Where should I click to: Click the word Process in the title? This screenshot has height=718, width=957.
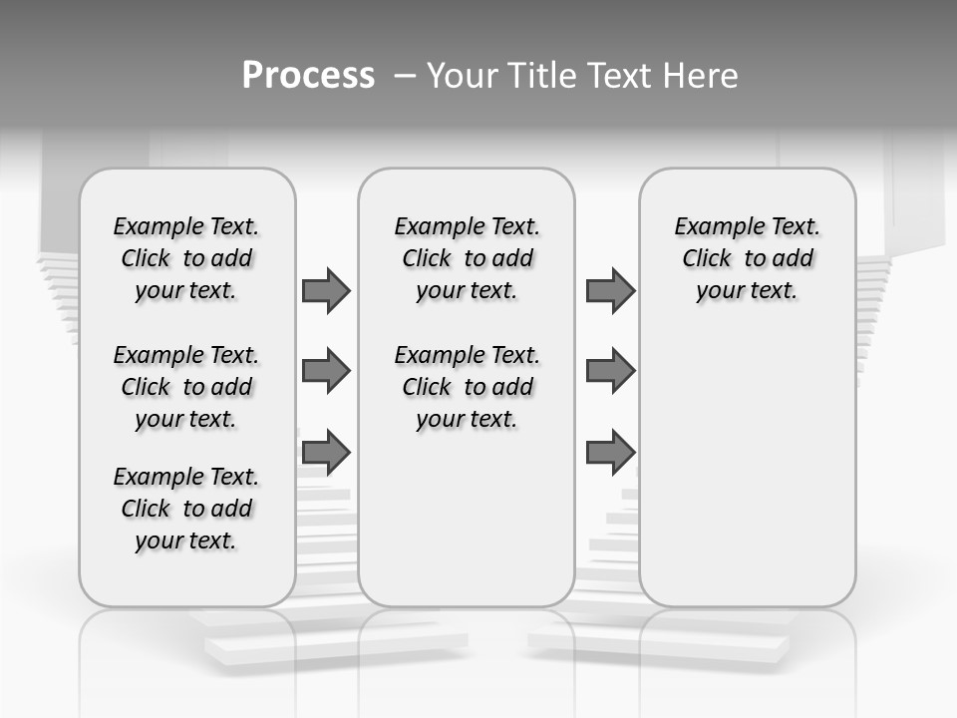[x=308, y=76]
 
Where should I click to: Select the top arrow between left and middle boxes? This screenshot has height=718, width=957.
[x=326, y=290]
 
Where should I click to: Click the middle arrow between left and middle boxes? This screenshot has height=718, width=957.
[x=326, y=371]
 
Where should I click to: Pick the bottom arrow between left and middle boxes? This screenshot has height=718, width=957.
[x=326, y=452]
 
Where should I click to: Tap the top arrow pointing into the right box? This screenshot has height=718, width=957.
[x=610, y=290]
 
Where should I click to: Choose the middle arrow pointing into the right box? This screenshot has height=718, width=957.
[x=610, y=371]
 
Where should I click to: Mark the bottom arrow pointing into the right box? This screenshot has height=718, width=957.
[x=610, y=452]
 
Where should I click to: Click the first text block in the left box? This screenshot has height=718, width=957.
[x=186, y=258]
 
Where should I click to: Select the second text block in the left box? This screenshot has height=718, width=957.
[x=186, y=387]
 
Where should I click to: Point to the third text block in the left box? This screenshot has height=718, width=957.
[x=186, y=509]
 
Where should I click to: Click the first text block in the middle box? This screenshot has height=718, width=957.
[x=467, y=258]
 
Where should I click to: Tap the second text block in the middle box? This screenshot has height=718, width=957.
[x=467, y=387]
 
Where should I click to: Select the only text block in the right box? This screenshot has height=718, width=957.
[x=747, y=258]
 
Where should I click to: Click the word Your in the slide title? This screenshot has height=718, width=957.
[x=462, y=76]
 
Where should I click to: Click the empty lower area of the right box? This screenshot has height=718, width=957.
[x=747, y=479]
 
